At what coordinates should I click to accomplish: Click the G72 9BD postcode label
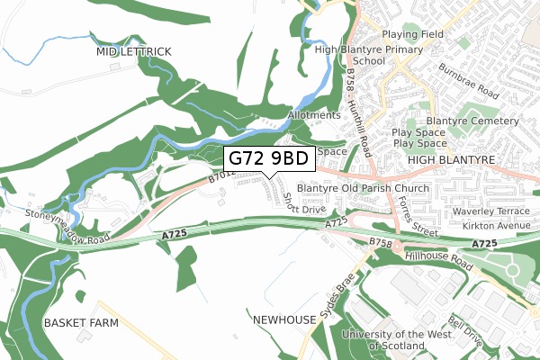pos(268,158)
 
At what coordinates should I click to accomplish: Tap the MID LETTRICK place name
pos(134,52)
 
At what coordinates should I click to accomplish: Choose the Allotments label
pos(315,115)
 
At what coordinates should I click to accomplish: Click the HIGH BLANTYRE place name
pos(452,159)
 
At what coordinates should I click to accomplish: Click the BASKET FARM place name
pos(78,321)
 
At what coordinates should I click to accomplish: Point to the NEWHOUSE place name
pos(284,319)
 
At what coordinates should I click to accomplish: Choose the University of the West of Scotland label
pos(384,340)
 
